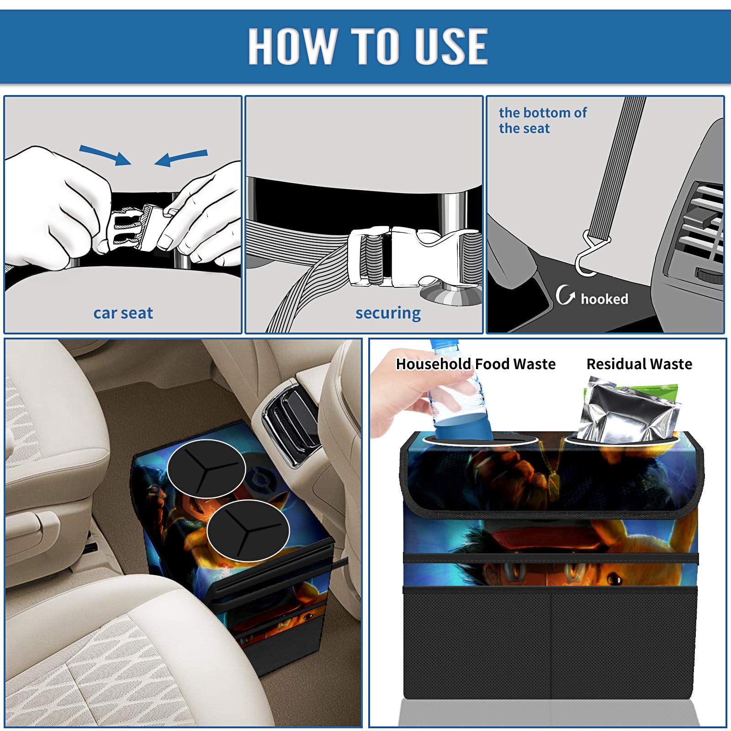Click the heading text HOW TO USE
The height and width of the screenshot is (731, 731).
click(368, 46)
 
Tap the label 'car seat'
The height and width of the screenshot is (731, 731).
click(123, 313)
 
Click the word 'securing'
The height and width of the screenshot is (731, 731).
click(388, 313)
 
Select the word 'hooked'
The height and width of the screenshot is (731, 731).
click(604, 299)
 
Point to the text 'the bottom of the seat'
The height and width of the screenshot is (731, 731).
click(542, 121)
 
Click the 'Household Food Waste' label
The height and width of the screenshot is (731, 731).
click(476, 364)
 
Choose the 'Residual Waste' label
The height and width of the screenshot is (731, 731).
click(639, 364)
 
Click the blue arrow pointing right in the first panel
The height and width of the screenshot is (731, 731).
click(105, 155)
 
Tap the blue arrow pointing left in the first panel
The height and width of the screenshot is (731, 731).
click(181, 158)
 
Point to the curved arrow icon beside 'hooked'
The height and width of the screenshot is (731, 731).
click(565, 295)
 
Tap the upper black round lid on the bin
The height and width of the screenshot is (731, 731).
click(207, 469)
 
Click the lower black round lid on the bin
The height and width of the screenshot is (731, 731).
click(248, 530)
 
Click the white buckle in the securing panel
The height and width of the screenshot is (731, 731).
click(413, 256)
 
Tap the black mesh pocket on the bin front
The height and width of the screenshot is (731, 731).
click(550, 644)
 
